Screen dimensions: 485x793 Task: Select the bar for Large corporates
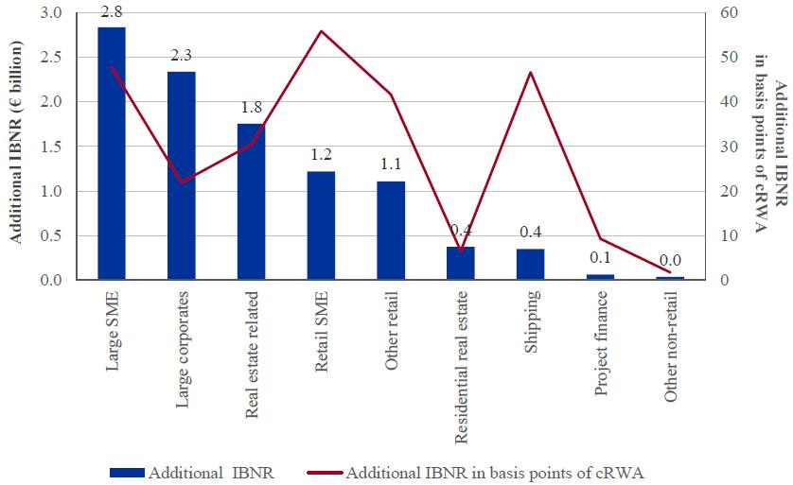(181, 175)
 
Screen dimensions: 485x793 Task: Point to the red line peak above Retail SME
(321, 31)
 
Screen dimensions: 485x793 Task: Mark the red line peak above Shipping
(531, 73)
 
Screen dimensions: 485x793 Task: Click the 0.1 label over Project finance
(600, 257)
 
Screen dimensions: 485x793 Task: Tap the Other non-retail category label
(671, 349)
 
